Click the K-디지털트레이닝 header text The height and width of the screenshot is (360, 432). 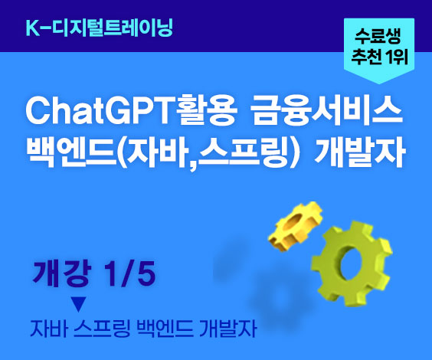pos(99,28)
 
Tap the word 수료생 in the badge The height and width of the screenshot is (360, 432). pos(378,37)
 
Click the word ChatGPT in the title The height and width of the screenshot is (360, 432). pos(100,113)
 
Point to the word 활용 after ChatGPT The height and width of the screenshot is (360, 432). pos(206,112)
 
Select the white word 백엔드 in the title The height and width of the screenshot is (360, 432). pos(71,151)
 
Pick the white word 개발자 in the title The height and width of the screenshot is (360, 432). pos(360,151)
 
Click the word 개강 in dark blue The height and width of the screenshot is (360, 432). pos(61,273)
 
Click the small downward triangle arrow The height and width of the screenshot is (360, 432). pos(79,304)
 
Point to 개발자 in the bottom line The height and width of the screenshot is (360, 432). pos(228,329)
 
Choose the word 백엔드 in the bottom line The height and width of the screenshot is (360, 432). pos(165,329)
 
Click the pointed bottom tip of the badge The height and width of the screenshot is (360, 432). pos(379,84)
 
